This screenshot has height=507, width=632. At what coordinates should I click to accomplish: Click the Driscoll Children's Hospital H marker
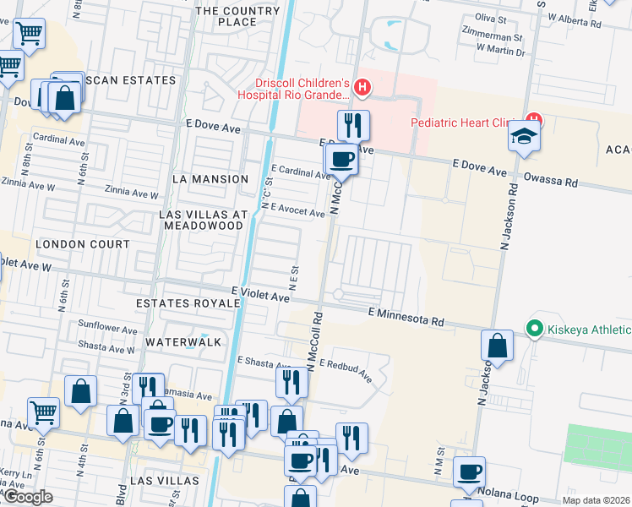coord(362,87)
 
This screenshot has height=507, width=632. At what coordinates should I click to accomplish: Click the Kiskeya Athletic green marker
coord(534,329)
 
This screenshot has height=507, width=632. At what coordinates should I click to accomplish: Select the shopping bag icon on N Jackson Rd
coord(498,345)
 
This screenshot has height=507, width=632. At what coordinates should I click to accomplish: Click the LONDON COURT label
coord(83,244)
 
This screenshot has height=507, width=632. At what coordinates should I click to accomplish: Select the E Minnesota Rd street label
coord(406,316)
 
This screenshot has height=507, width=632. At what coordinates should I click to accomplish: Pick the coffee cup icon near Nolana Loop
coord(470,472)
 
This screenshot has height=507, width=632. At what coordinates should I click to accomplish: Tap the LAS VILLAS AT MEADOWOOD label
coord(204,220)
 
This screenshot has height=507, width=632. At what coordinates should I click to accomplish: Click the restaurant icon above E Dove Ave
coord(353,125)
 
